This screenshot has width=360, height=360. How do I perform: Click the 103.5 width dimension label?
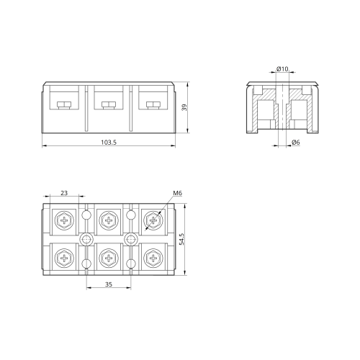coord(109,143)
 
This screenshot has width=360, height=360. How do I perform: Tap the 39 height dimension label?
coord(184,107)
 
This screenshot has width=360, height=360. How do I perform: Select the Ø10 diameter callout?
coord(282,69)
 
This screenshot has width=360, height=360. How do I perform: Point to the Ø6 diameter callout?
coord(296,143)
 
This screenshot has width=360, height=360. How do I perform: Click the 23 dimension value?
coord(64,193)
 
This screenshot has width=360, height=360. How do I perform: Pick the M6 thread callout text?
coord(178,193)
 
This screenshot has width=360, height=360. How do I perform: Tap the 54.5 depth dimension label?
coord(181,239)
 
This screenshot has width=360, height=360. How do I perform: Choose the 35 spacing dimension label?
coord(109,284)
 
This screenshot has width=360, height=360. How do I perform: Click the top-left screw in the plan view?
coord(64,220)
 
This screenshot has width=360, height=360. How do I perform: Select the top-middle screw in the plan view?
coord(109,220)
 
